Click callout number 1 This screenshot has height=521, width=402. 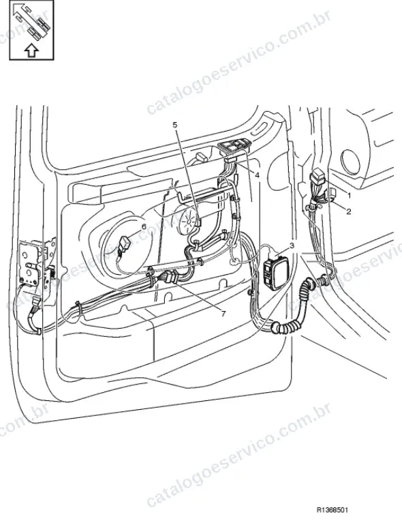click(349, 196)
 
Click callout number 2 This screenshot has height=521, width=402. click(349, 211)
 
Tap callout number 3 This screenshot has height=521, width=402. click(292, 245)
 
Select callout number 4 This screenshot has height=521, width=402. click(257, 175)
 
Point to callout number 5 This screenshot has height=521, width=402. click(175, 125)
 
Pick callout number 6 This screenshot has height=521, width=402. click(143, 226)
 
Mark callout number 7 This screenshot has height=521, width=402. click(223, 313)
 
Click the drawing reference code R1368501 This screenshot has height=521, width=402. click(332, 509)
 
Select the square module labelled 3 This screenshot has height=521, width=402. click(275, 272)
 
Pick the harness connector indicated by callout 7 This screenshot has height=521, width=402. click(172, 277)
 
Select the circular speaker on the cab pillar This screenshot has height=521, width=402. click(350, 162)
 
